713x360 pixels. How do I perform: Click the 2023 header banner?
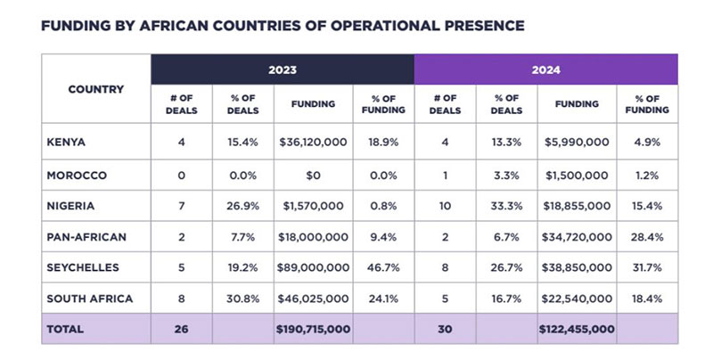pos(282,70)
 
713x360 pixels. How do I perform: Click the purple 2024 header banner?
pos(545,70)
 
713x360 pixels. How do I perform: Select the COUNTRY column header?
pos(95,90)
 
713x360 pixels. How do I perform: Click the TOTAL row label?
pos(64,329)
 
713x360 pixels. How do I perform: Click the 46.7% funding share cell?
pos(383,267)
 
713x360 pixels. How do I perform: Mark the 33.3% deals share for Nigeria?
pos(506,206)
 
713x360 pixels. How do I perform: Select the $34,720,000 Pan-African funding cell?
pos(577,237)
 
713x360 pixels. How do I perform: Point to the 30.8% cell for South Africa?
pos(243,299)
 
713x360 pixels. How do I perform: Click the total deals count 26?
pos(182,329)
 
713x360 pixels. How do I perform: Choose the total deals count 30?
pos(445,329)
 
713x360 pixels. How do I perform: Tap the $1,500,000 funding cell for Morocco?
pos(577,176)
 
